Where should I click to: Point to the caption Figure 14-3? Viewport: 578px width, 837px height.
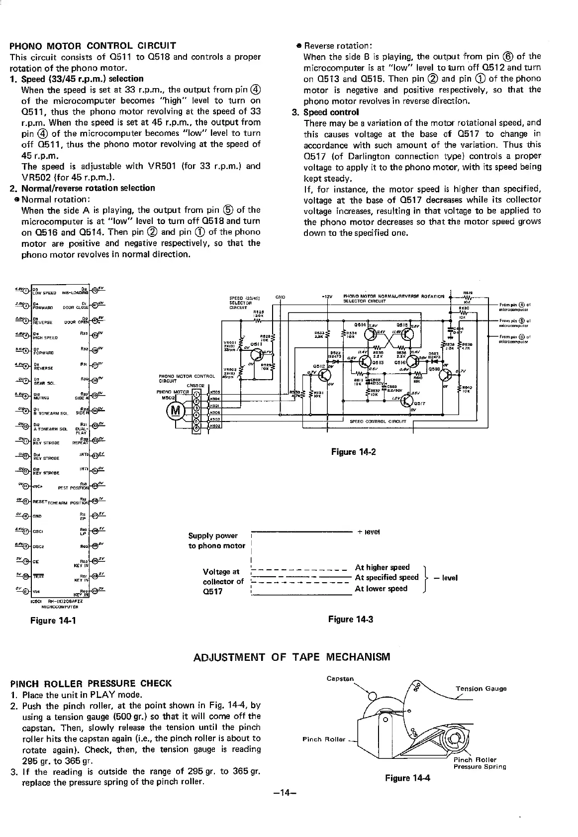350,619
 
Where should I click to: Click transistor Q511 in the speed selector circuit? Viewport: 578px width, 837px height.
257,354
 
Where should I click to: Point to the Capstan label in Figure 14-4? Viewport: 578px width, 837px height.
340,678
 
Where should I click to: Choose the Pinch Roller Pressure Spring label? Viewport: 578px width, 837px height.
480,763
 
